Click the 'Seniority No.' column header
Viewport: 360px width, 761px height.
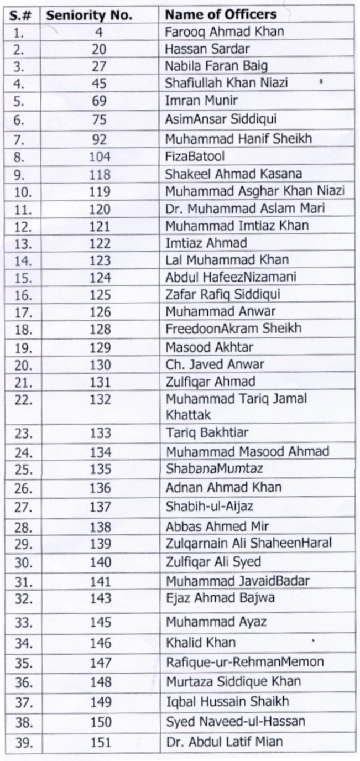(89, 15)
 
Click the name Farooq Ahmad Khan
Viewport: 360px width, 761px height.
(224, 32)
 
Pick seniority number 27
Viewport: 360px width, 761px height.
(100, 66)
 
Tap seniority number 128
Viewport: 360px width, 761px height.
(100, 329)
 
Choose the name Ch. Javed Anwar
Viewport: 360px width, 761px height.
(215, 364)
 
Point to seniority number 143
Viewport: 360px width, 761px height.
(100, 598)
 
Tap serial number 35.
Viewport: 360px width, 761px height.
(23, 663)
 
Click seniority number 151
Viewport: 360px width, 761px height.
(100, 742)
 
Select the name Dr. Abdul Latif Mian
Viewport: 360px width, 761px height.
(224, 741)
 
